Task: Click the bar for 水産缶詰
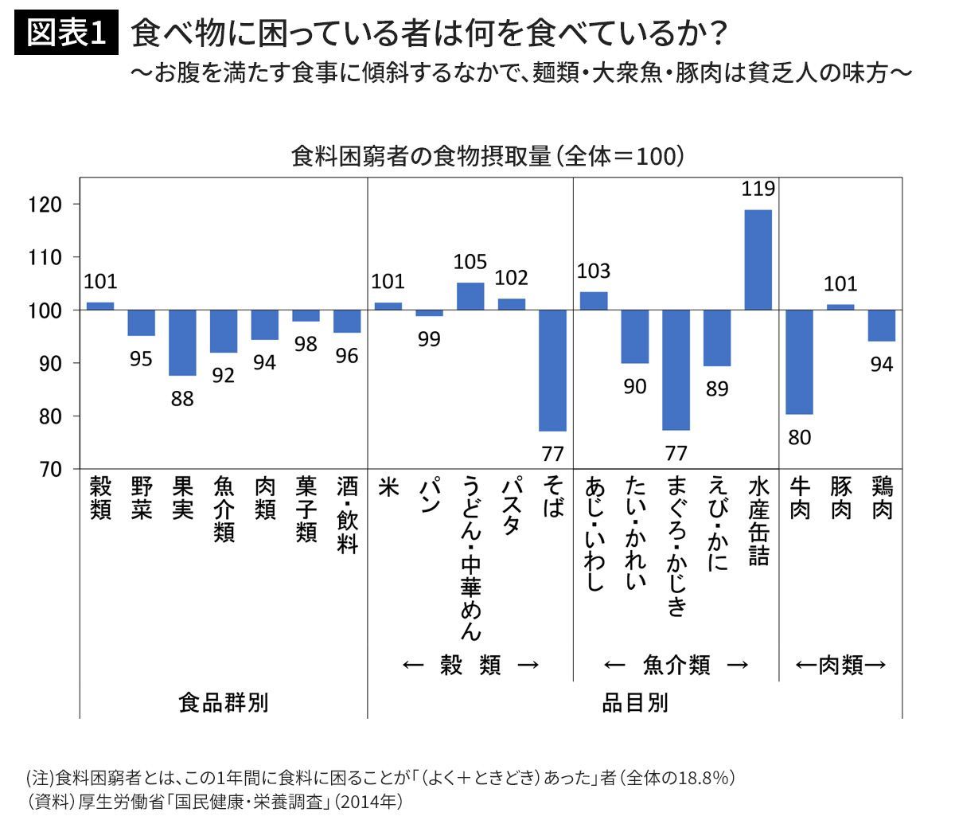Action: (758, 260)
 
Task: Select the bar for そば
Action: (552, 370)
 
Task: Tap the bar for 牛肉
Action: (799, 362)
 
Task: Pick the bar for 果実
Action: (182, 342)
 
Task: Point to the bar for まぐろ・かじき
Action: (676, 370)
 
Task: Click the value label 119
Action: (758, 189)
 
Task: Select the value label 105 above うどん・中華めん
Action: (470, 262)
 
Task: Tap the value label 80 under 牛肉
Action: (799, 437)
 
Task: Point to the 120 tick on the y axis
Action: (45, 205)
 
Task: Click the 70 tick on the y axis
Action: (49, 470)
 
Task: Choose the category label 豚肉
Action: (840, 498)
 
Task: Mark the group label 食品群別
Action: (224, 703)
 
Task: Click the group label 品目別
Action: (634, 703)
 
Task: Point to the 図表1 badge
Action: (66, 34)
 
